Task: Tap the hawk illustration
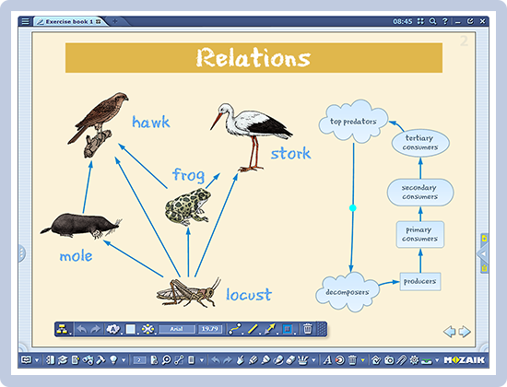(93, 118)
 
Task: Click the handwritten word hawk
(151, 123)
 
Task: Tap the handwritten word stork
(290, 152)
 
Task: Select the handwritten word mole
(76, 256)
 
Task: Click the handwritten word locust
(249, 296)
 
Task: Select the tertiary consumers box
(419, 142)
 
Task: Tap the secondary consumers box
(419, 192)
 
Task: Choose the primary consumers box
(419, 234)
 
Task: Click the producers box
(419, 280)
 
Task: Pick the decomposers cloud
(348, 292)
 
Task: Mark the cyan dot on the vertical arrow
(352, 208)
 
